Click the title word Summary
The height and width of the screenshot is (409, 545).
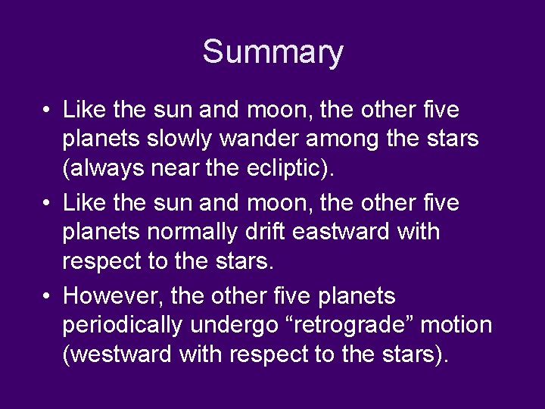[x=272, y=52]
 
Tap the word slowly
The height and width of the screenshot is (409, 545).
[x=191, y=140]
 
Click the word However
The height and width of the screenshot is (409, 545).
[x=113, y=295]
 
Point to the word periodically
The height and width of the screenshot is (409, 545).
[x=123, y=324]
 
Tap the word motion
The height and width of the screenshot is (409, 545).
[x=456, y=324]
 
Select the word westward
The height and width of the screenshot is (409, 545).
[x=117, y=354]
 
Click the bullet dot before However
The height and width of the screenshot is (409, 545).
[x=47, y=295]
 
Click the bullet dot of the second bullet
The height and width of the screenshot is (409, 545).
[x=47, y=203]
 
